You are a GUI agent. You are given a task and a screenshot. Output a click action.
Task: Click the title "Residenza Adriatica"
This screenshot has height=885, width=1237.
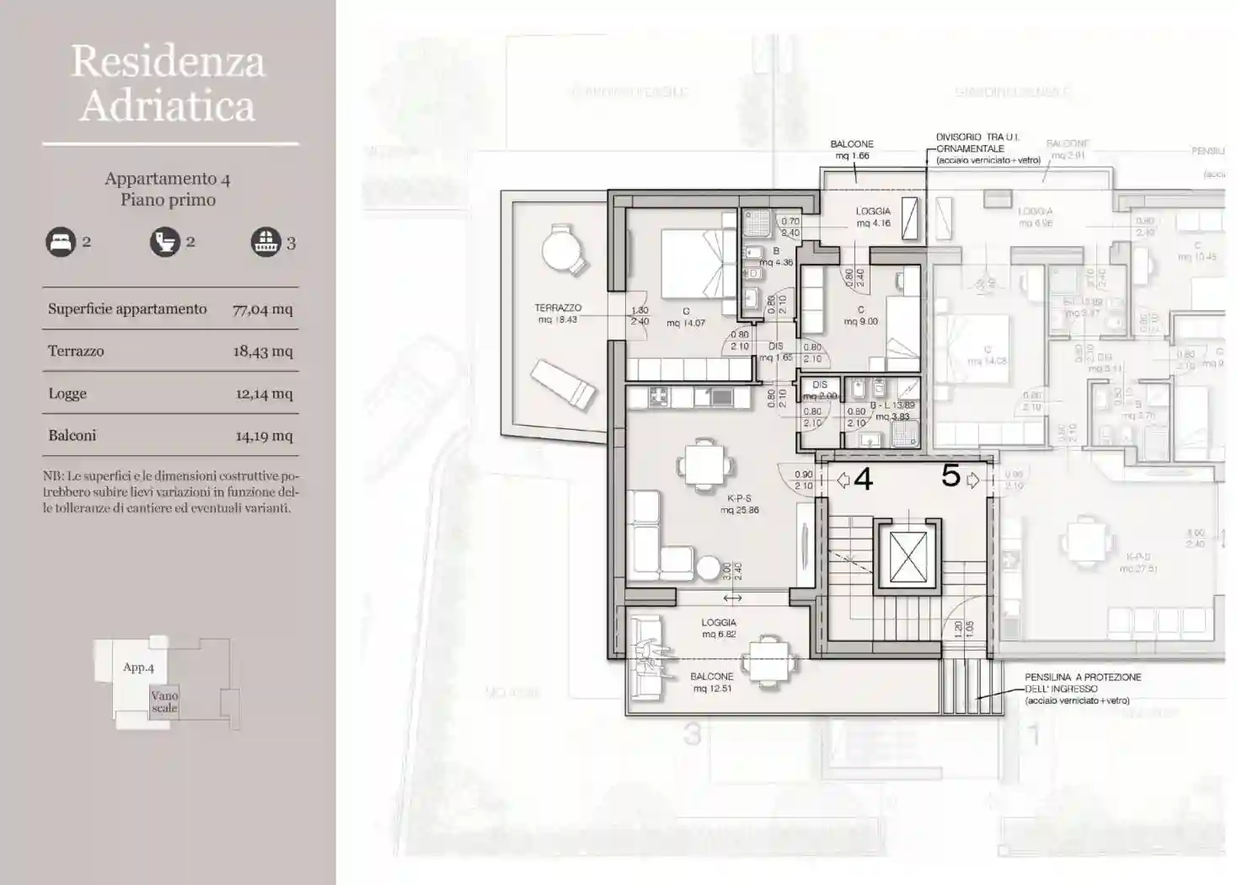tap(169, 83)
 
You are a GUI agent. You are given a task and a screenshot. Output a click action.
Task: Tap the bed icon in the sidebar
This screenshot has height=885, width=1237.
tap(61, 243)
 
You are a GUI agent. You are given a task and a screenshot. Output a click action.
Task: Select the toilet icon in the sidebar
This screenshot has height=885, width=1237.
tap(165, 243)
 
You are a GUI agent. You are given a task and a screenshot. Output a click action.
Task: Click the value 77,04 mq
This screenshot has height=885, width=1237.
tap(263, 309)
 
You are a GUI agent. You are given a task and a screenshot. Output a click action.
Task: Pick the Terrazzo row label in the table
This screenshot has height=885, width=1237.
tap(76, 351)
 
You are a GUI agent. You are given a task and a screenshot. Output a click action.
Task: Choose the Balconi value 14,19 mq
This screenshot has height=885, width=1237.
tap(264, 436)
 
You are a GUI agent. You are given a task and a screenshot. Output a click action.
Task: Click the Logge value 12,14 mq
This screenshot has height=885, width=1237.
tap(264, 394)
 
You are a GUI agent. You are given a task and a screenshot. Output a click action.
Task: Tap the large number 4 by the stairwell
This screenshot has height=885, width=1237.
tap(863, 480)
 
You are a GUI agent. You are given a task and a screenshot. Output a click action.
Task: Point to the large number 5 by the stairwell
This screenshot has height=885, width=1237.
tap(951, 476)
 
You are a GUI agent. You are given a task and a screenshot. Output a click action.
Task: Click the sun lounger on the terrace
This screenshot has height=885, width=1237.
tap(564, 384)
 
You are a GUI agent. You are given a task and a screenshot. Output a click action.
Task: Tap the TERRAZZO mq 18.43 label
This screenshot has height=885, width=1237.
tap(558, 314)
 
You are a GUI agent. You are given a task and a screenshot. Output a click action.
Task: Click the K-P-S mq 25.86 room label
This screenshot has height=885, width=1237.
tap(739, 504)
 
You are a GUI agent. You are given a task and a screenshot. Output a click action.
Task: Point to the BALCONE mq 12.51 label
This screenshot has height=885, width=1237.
tap(712, 683)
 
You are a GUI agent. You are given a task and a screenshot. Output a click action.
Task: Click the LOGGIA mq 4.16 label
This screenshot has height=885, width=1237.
tap(873, 217)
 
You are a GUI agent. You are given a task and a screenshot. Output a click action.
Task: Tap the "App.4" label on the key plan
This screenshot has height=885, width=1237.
tap(138, 668)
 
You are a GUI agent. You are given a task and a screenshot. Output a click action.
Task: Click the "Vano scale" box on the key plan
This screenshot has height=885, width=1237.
tap(164, 702)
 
